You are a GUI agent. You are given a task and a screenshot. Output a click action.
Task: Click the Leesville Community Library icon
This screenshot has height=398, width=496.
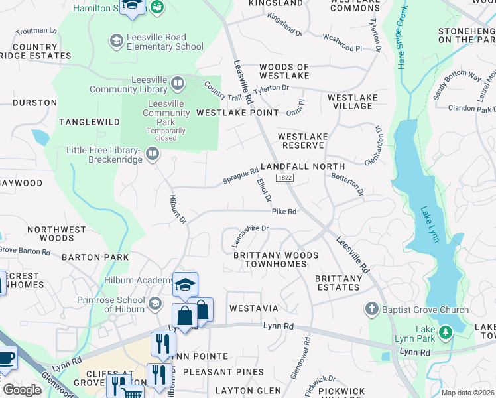click(x=177, y=84)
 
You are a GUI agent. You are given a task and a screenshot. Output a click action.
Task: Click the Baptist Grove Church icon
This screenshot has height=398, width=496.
click(x=373, y=310)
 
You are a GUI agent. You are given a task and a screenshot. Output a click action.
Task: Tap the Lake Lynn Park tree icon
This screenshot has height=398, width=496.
click(x=447, y=330)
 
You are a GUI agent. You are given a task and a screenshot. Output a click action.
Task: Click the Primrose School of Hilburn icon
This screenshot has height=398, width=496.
click(x=155, y=304)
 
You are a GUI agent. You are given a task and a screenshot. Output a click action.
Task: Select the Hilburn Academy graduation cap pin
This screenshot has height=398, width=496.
click(x=186, y=285)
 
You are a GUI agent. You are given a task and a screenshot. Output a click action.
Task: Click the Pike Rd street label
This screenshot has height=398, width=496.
click(x=283, y=212)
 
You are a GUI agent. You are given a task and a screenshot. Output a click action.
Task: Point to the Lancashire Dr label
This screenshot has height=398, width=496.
click(x=249, y=235)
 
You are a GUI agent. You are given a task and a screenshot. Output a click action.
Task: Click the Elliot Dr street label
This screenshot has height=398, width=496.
click(x=264, y=190)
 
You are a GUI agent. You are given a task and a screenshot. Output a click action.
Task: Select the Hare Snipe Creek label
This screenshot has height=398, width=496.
click(x=401, y=38)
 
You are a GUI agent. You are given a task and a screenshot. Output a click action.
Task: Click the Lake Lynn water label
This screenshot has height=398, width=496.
click(x=430, y=224)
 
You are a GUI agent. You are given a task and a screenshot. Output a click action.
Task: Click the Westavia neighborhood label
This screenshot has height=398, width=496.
click(x=253, y=309)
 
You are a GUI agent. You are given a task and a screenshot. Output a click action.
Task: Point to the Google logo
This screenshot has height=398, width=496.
click(x=22, y=390)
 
